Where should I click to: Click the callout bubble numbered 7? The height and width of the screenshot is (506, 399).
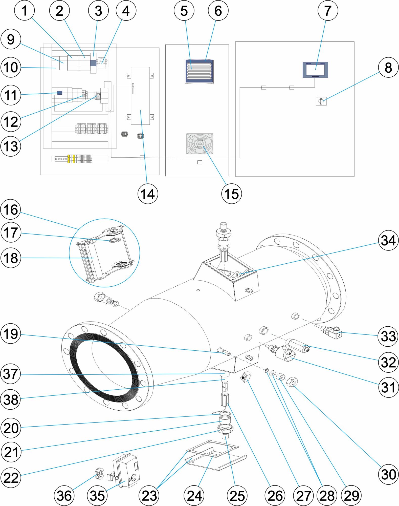328,11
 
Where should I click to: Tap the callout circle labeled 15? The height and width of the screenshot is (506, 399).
231,194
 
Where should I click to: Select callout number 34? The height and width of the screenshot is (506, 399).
388,240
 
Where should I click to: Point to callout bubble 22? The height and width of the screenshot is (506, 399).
11,478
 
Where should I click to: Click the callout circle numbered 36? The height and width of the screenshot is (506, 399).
64,495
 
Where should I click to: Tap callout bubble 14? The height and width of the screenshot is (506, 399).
148,194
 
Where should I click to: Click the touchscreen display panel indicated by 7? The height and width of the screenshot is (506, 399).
315,70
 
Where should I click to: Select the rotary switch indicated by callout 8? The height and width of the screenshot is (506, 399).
321,101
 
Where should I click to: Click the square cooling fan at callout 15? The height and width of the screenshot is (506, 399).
200,144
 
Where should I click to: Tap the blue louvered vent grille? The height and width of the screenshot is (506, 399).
199,71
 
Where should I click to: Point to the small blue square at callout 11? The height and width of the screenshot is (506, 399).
60,93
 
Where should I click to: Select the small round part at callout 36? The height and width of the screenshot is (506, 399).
99,473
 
